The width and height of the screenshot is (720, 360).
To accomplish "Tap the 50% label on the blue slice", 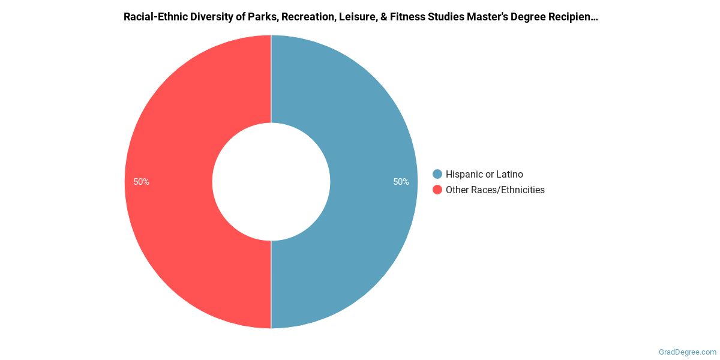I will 401,182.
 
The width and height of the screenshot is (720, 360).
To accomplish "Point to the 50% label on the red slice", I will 142,182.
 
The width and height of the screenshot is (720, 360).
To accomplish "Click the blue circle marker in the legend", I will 437,174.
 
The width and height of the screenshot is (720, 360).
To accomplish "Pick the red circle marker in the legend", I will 437,190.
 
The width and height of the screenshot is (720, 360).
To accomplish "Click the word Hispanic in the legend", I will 465,174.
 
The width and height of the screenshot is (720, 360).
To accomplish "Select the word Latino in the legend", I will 510,174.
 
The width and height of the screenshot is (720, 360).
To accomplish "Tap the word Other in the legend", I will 457,190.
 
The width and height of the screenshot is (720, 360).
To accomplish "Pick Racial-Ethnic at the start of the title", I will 152,17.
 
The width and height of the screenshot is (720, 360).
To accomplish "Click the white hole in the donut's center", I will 271,182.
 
